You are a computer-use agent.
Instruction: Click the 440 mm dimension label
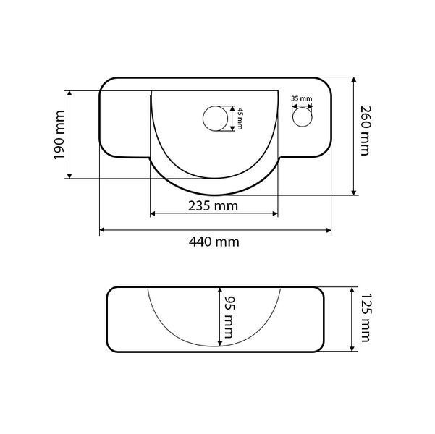click(214, 242)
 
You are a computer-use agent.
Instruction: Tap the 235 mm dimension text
click(213, 206)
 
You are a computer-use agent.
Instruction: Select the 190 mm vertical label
click(59, 135)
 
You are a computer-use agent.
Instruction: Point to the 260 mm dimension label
click(365, 131)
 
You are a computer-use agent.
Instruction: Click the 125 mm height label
click(365, 318)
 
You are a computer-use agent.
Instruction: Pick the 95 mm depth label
click(229, 318)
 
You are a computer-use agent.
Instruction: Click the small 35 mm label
click(302, 98)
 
